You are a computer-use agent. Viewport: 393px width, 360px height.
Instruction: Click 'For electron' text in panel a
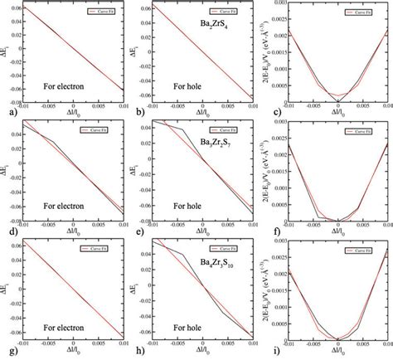pyautogui.click(x=69, y=85)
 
